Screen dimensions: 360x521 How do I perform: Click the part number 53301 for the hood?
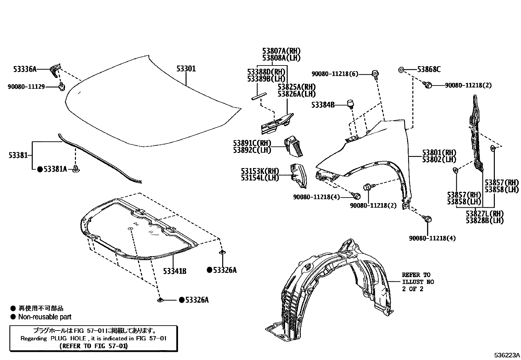[x=186, y=69]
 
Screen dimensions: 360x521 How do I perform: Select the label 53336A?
[x=25, y=69]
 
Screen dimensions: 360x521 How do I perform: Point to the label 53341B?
[x=175, y=271]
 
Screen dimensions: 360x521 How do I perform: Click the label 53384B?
[x=323, y=105]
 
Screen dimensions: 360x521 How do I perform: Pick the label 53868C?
[x=429, y=69]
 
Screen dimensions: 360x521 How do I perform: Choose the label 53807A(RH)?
[x=281, y=51]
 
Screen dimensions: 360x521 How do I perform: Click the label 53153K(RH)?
[x=260, y=171]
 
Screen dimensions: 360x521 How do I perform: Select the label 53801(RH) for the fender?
[x=439, y=153]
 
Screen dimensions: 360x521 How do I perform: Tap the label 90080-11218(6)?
[x=335, y=74]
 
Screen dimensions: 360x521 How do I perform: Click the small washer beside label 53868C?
[x=401, y=69]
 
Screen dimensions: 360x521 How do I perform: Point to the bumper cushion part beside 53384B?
[x=351, y=104]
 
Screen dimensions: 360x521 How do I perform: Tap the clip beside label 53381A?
[x=77, y=169]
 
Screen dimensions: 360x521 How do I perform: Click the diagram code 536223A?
[x=507, y=355]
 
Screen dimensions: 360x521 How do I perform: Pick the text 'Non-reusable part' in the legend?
[x=45, y=317]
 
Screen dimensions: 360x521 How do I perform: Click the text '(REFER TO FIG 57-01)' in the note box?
[x=94, y=346]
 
